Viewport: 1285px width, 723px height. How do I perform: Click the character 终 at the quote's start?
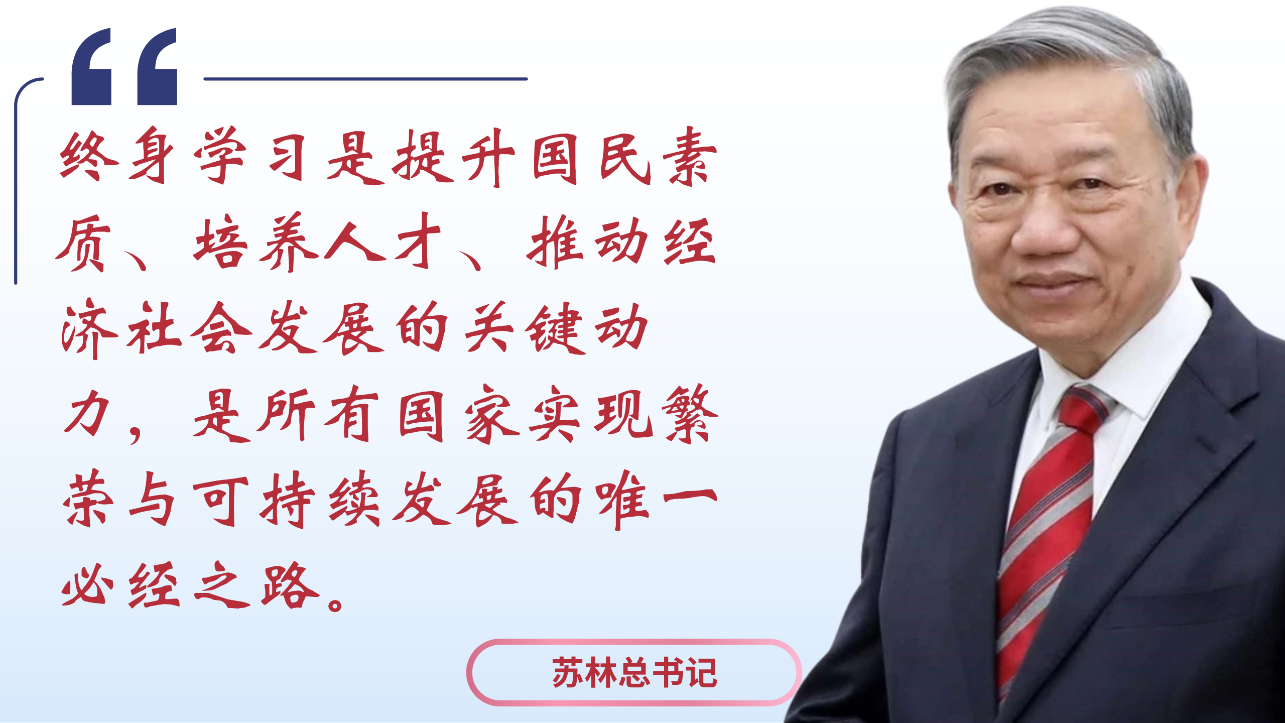coord(89,156)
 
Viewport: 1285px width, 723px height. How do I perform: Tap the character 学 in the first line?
coord(221,155)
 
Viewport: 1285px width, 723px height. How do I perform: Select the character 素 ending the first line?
coord(689,156)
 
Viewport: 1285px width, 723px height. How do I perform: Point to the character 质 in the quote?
coord(83,243)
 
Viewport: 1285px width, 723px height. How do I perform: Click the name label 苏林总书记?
coord(634,672)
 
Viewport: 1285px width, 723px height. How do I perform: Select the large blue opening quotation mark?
coord(124,66)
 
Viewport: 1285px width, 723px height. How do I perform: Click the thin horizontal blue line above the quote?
coord(365,79)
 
